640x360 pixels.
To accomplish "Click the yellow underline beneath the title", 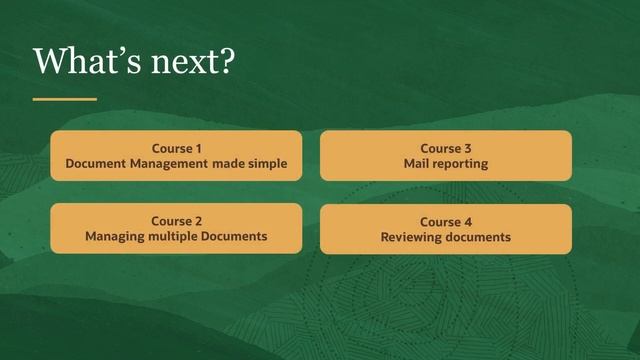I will click(x=64, y=99).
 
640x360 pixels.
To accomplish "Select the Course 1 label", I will click(x=176, y=148).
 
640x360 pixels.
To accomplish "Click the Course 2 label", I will click(x=176, y=221).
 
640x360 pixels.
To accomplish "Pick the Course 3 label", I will click(x=445, y=148).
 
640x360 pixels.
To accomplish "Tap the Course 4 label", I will click(x=445, y=222).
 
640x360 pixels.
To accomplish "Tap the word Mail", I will click(x=416, y=163).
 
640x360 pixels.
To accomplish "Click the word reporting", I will click(x=461, y=164).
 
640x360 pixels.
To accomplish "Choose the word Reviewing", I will click(x=412, y=237).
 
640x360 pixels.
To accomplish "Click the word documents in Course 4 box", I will click(x=479, y=237).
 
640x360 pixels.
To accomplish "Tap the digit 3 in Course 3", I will click(x=467, y=148).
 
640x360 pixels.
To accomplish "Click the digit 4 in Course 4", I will click(x=467, y=222).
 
